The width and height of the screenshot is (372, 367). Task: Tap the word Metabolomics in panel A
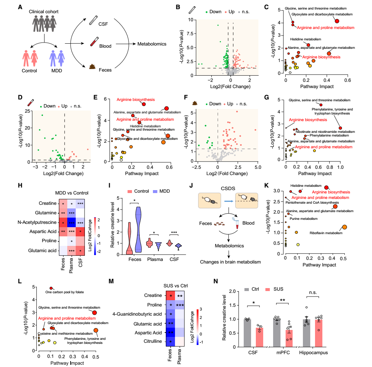[152, 44]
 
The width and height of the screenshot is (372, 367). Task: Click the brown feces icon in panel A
[93, 66]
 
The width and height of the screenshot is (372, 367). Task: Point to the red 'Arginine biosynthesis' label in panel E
[136, 99]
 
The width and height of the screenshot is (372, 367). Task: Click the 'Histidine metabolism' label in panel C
[305, 39]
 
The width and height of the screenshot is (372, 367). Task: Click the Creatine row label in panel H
[47, 203]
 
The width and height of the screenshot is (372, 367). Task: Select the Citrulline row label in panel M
[153, 342]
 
